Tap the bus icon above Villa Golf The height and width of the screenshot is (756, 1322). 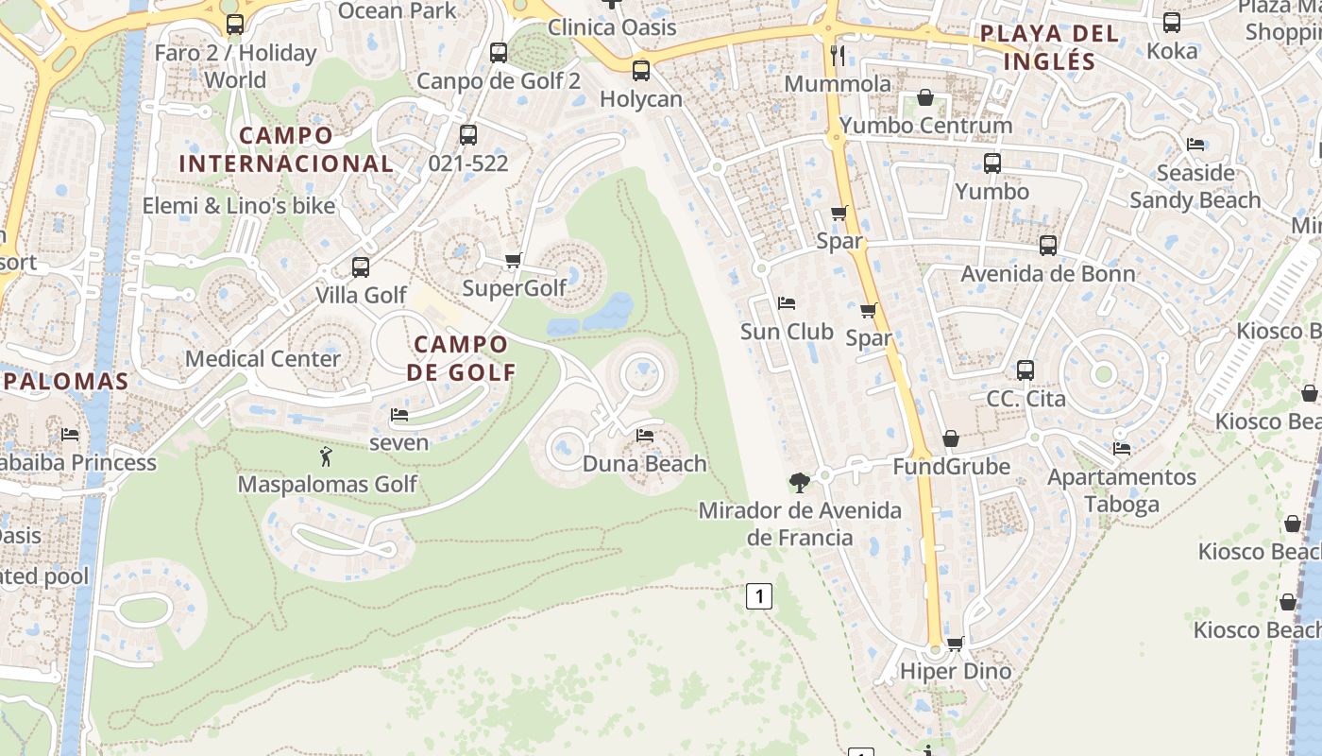361,267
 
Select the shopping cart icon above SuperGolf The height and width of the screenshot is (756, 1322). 513,260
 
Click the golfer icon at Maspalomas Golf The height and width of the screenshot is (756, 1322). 327,457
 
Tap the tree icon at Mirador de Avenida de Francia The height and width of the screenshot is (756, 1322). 800,483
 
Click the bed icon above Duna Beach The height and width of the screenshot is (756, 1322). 645,436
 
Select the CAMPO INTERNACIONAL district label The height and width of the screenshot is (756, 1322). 286,149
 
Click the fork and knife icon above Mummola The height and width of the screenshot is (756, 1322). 837,56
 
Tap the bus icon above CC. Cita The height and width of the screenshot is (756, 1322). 1025,370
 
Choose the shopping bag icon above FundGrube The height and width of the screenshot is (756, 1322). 951,439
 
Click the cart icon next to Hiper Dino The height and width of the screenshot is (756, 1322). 955,644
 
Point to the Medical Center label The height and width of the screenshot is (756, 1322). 263,359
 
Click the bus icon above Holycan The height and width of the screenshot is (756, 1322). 641,70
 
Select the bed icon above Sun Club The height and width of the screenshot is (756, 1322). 786,303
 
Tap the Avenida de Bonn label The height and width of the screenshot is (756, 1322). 1048,274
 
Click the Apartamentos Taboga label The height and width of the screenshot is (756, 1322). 1121,490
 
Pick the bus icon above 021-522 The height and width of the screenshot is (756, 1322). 468,135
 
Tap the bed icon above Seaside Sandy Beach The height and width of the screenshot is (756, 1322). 1195,145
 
